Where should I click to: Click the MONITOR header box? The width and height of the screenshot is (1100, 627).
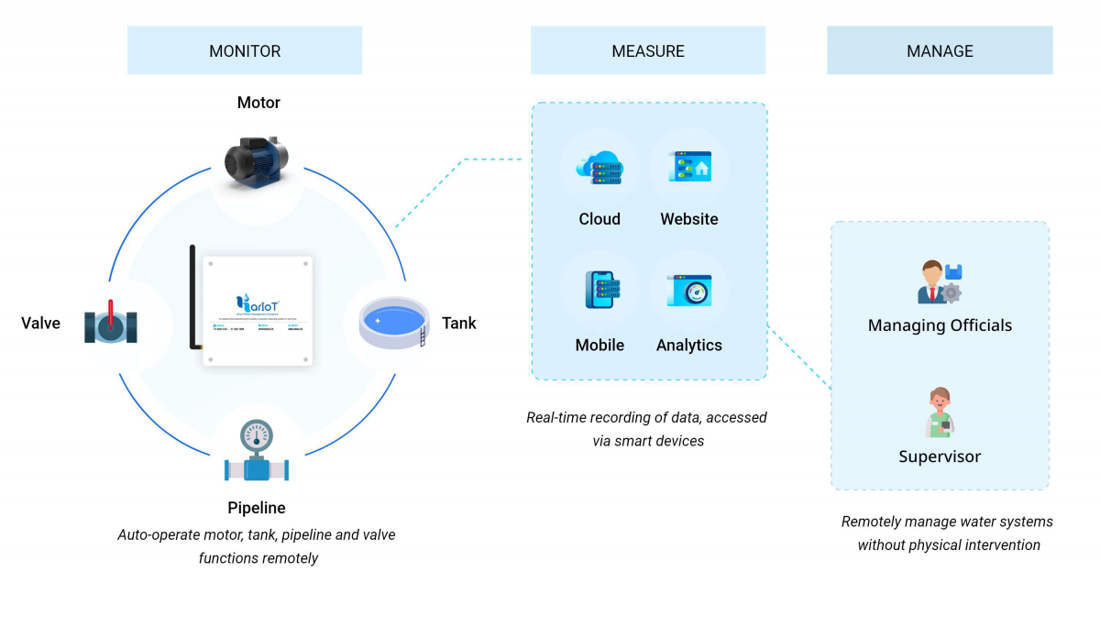[245, 50]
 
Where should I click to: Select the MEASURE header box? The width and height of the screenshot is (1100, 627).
[648, 50]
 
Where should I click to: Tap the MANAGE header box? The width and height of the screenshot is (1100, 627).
[940, 50]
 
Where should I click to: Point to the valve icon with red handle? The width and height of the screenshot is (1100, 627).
[111, 324]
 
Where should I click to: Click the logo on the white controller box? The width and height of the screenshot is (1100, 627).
[257, 302]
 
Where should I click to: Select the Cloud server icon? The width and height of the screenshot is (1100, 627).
[599, 168]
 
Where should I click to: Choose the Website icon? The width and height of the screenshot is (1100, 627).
[689, 168]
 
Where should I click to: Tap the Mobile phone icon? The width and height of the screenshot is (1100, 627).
[599, 290]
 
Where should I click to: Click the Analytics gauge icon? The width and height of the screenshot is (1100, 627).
[689, 291]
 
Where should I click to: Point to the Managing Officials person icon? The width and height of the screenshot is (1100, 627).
[940, 282]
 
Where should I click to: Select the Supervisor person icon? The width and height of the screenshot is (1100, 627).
[940, 412]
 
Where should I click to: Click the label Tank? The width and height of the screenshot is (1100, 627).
[459, 324]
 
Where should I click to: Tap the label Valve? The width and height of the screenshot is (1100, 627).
[41, 324]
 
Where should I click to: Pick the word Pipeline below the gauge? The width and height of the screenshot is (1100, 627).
[257, 508]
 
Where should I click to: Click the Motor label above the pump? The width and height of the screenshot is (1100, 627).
[258, 103]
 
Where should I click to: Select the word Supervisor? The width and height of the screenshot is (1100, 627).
[940, 456]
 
